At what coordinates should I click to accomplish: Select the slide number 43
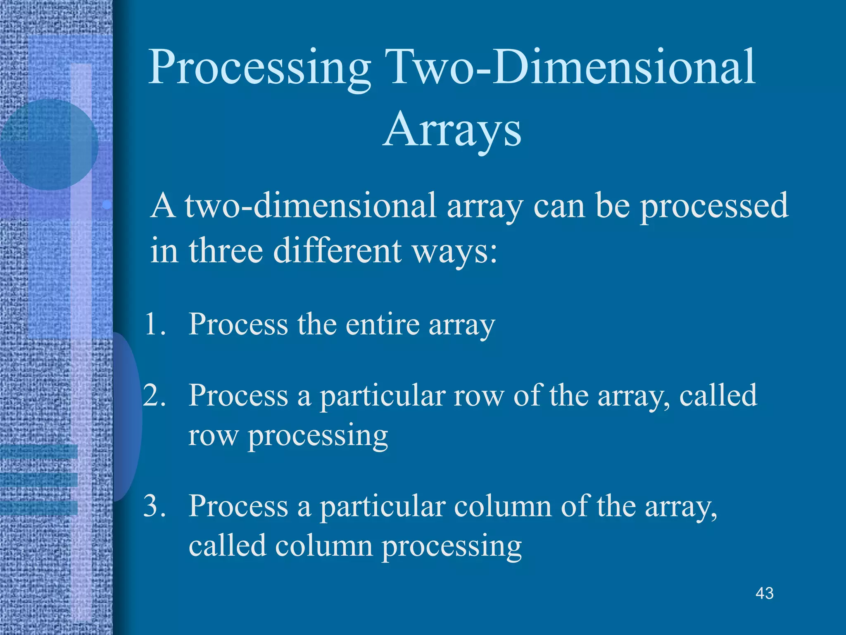click(764, 594)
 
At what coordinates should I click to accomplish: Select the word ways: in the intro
click(455, 251)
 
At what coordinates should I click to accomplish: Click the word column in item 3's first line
click(502, 506)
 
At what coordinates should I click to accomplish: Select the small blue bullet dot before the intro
click(107, 204)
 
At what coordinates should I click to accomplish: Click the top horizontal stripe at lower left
click(39, 451)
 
